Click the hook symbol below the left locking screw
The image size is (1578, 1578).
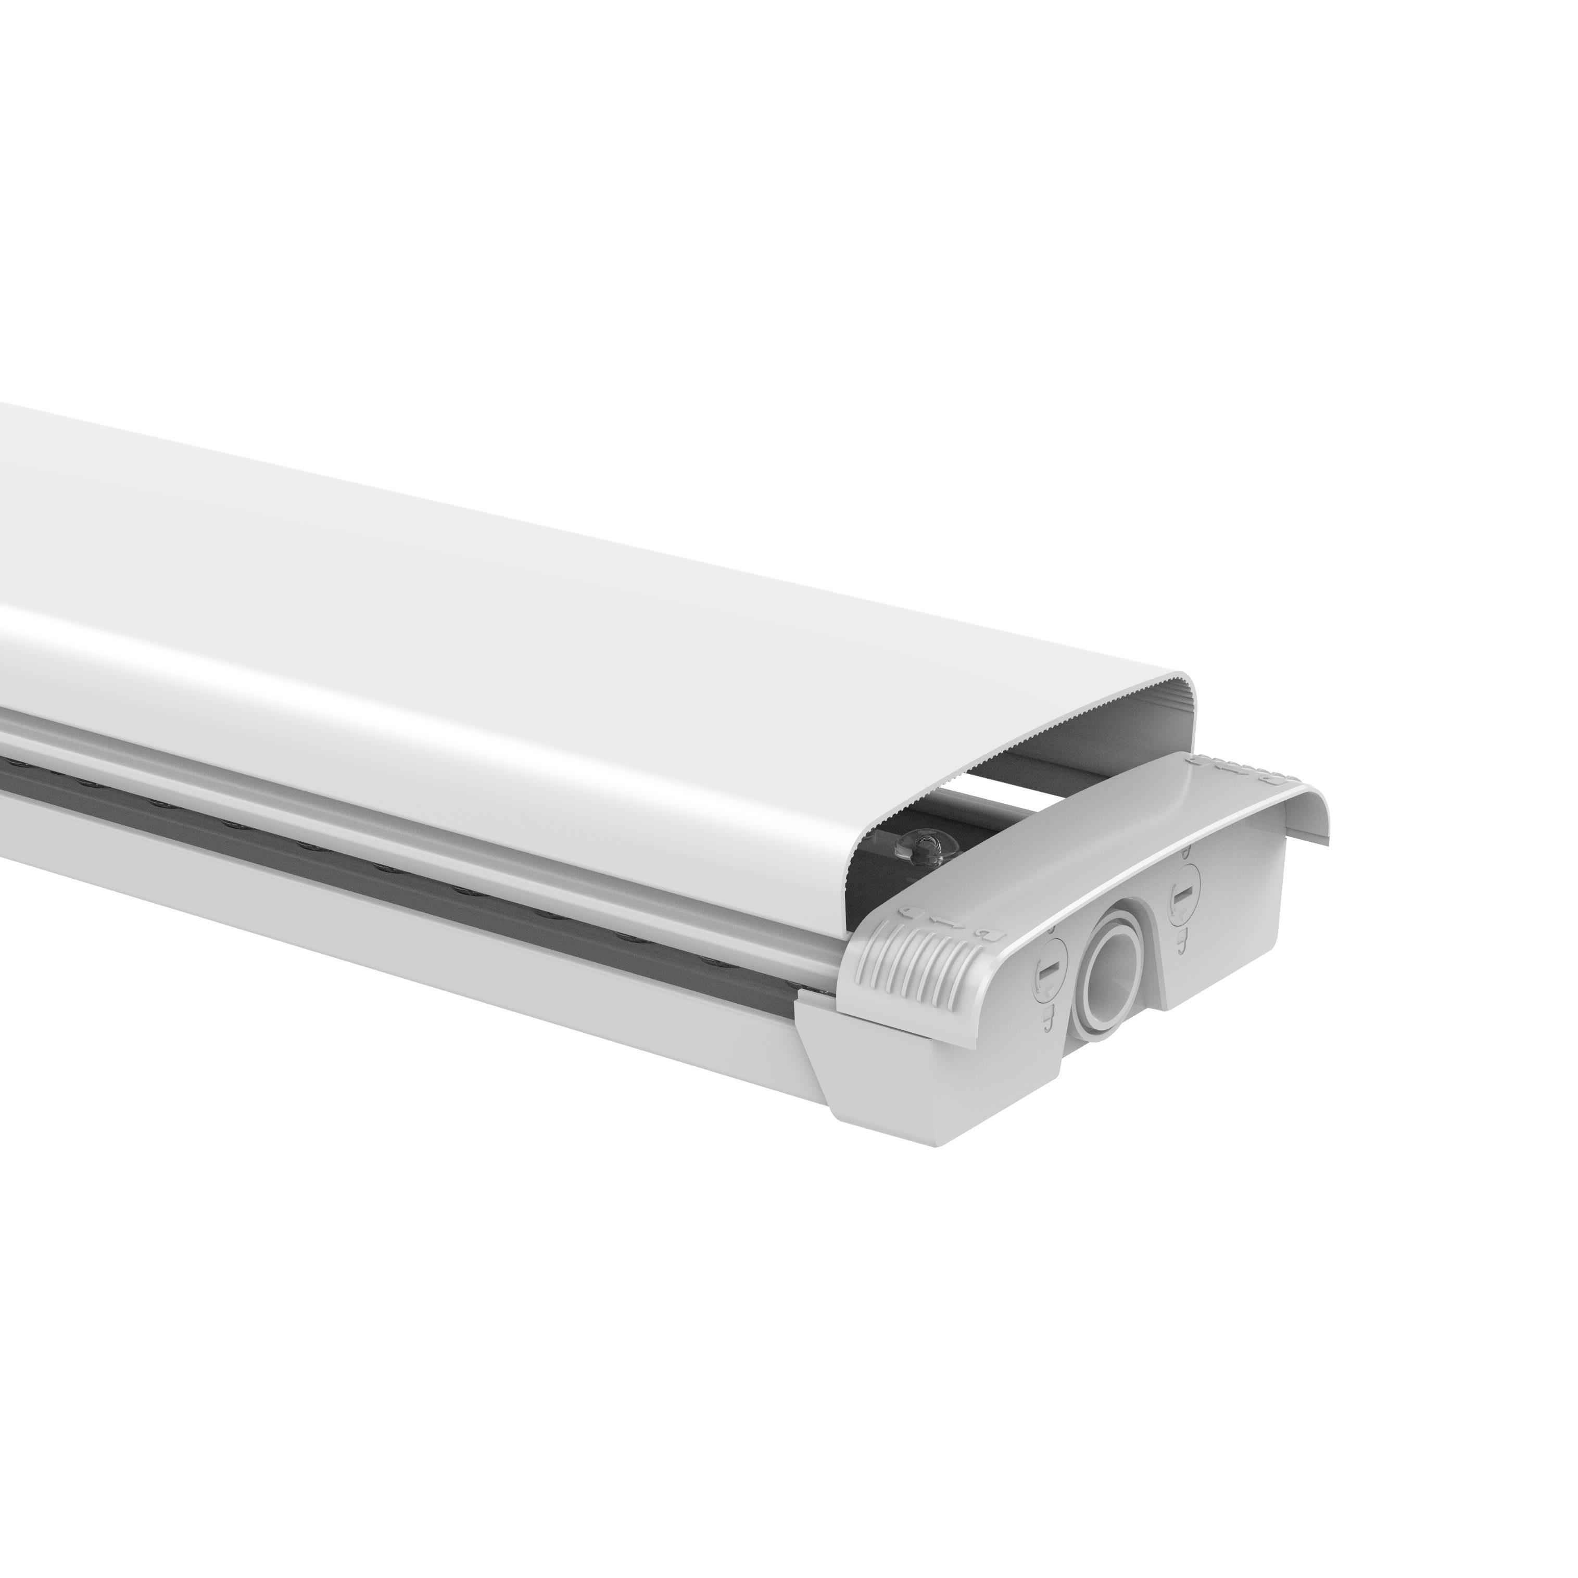[x=1049, y=1019]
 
